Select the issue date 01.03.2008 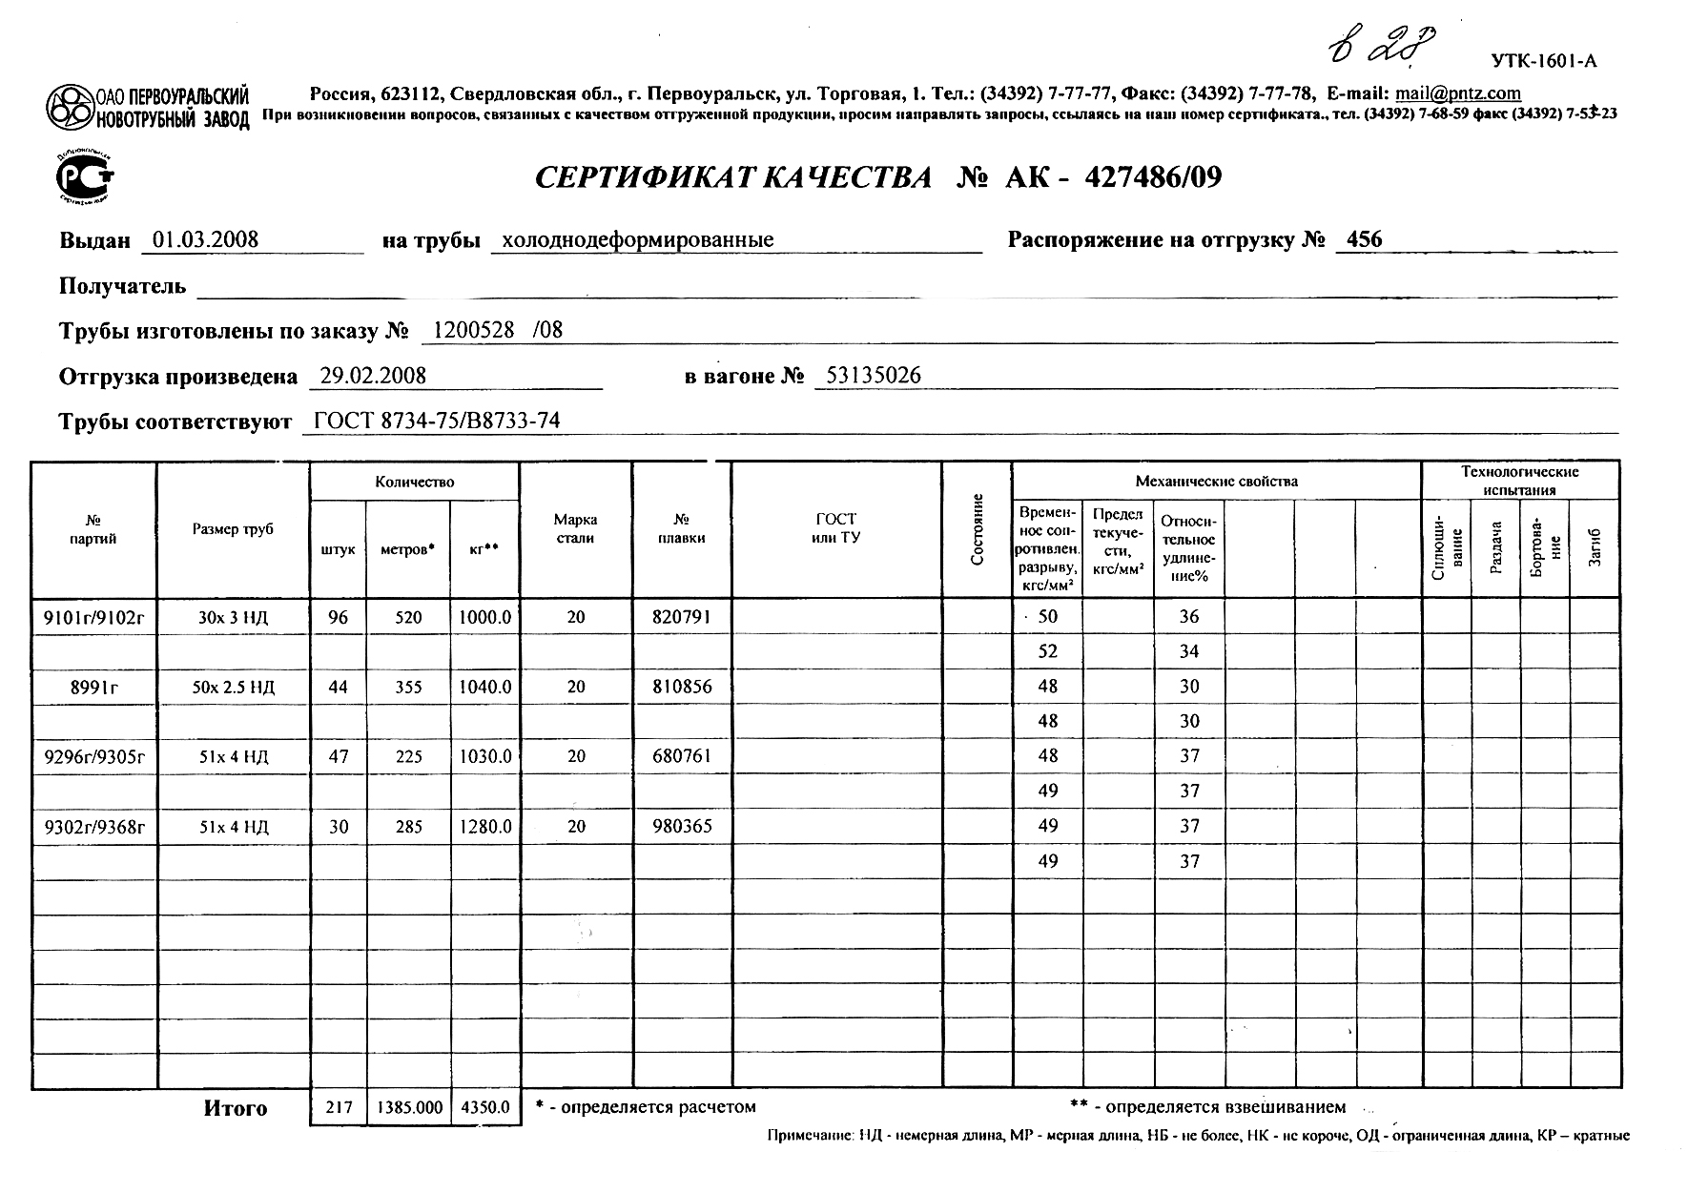point(206,239)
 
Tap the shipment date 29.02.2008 point(373,376)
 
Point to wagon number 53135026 point(874,376)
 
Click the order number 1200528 point(474,330)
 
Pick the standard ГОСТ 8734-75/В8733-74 point(437,422)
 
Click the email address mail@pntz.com point(1458,93)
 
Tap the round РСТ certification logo point(85,176)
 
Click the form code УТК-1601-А point(1544,62)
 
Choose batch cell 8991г point(93,687)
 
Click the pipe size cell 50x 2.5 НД point(233,687)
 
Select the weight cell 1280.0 point(484,827)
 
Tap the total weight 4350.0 point(484,1108)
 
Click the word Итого point(235,1108)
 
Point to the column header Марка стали point(575,529)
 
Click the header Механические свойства point(1216,481)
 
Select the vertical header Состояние point(977,529)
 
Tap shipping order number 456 point(1365,239)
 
